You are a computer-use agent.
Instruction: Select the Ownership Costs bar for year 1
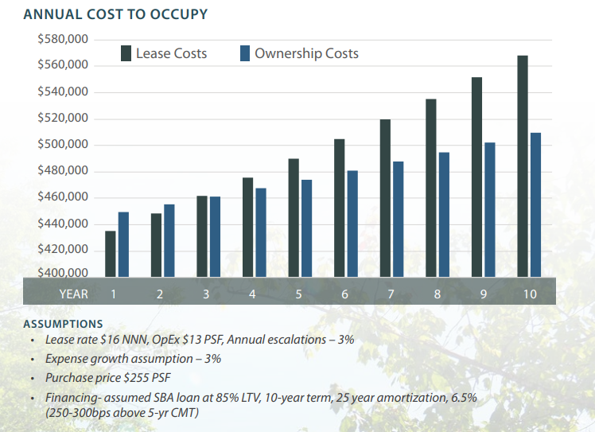[123, 244]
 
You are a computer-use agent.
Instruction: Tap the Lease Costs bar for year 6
[339, 208]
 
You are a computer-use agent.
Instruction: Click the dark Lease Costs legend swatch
[126, 54]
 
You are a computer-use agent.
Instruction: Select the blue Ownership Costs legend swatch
[245, 54]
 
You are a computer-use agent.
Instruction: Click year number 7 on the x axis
[391, 294]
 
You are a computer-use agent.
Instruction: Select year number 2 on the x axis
[160, 294]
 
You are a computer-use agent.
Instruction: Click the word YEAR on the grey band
[73, 294]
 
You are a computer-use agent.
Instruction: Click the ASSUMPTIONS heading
[63, 324]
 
